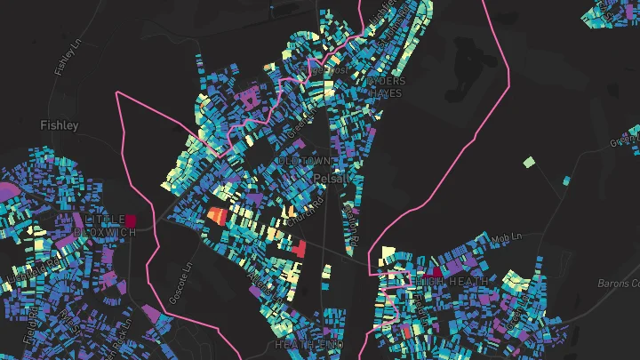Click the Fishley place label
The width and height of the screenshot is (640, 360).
(60, 126)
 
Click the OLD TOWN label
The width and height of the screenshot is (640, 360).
(305, 161)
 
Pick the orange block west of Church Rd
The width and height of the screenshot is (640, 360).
(217, 215)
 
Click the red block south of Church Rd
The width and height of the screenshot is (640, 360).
(299, 249)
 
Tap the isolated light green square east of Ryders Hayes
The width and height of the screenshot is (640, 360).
(529, 163)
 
